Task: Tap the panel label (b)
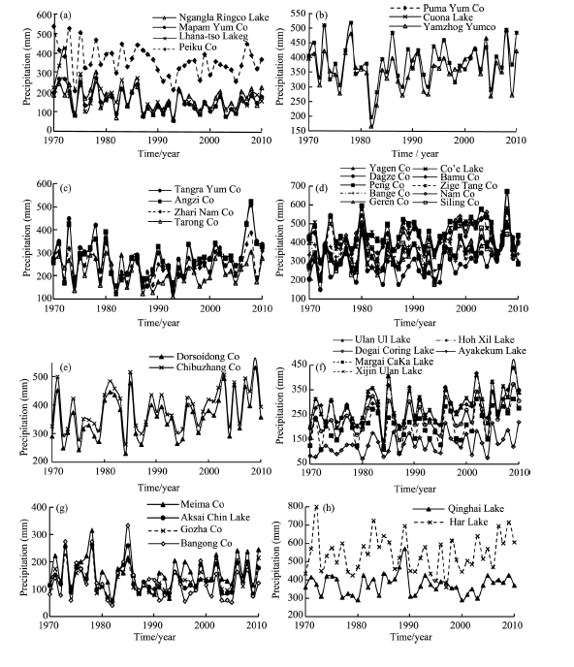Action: (x=322, y=16)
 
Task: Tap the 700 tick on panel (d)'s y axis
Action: (x=299, y=186)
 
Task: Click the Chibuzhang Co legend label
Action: (x=208, y=367)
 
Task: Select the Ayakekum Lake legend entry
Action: (x=492, y=351)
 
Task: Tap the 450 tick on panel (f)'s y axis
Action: (x=299, y=365)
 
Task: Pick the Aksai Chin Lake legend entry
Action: (x=215, y=518)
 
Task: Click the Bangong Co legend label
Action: (x=207, y=543)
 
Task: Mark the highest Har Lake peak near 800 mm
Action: (x=316, y=507)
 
